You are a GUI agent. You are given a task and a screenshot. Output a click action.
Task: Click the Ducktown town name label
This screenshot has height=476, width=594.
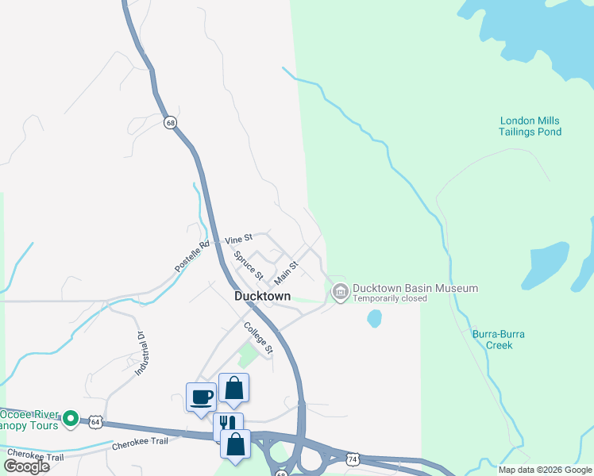[262, 296]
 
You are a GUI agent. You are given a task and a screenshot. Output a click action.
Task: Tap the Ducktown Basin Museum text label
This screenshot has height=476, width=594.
[415, 288]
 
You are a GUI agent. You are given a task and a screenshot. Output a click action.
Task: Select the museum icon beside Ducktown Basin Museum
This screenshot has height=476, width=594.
[341, 293]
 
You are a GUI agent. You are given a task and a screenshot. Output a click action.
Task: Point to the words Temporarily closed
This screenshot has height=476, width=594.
[390, 299]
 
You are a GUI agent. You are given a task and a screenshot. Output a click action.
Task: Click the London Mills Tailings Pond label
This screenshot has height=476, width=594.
[530, 126]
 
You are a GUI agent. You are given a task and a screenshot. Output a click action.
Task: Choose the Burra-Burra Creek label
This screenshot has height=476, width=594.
[499, 340]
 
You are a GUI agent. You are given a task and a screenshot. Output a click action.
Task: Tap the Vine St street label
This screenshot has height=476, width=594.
[238, 238]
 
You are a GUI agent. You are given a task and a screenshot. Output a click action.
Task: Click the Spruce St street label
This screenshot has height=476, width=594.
[249, 265]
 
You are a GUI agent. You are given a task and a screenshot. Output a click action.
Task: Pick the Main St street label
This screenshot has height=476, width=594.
[286, 274]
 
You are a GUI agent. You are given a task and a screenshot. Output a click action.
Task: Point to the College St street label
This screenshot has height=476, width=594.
[258, 338]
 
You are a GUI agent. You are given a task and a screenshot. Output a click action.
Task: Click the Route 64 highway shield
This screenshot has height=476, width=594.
[95, 421]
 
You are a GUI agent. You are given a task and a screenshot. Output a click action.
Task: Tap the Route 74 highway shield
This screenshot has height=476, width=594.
[353, 459]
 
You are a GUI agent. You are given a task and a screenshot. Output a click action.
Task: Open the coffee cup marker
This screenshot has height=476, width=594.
[202, 397]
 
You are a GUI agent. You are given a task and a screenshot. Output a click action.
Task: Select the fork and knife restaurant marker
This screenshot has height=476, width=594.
[227, 424]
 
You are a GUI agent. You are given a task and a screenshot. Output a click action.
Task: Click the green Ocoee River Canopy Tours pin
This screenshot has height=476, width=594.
[70, 417]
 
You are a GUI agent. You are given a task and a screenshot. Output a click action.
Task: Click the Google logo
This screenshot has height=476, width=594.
[26, 466]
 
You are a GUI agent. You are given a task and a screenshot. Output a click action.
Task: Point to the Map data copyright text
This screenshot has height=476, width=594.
[544, 470]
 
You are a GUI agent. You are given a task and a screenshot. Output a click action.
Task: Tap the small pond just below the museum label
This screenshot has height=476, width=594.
[374, 319]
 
